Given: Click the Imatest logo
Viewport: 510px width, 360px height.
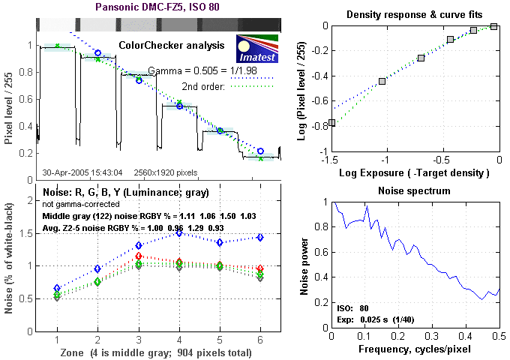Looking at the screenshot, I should [x=257, y=48].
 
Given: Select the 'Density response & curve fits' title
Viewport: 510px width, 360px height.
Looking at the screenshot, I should [x=415, y=15].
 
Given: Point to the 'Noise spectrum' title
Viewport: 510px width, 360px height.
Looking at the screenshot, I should [x=415, y=190].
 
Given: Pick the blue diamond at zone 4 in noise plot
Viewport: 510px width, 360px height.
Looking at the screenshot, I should [x=178, y=233].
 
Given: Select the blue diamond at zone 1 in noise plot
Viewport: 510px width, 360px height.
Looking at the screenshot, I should [x=58, y=288].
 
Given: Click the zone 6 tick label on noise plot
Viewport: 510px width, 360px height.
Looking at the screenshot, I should [x=259, y=341].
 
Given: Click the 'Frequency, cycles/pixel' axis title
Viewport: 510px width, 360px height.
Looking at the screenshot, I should [x=415, y=350].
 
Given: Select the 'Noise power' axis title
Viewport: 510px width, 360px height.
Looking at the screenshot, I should [x=305, y=266].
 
